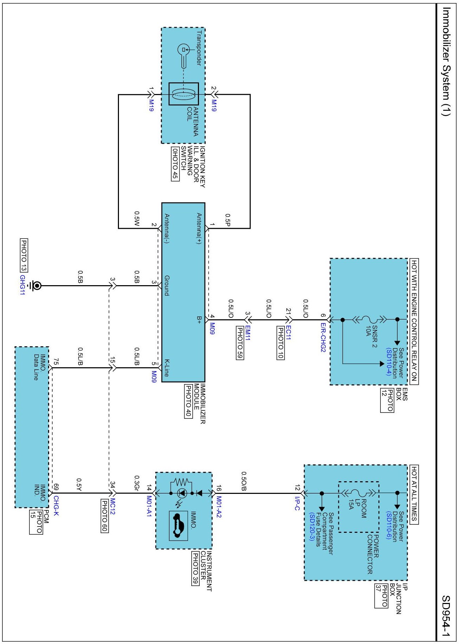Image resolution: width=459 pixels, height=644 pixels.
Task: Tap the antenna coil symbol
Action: (x=184, y=94)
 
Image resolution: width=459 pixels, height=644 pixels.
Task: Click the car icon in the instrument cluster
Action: (x=178, y=525)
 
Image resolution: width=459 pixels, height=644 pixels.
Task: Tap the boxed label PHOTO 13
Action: (x=24, y=255)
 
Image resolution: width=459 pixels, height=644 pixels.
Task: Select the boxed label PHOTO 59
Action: (x=240, y=343)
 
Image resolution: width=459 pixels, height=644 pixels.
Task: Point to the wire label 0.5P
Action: (x=227, y=220)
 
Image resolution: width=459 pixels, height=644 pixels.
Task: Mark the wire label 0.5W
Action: (x=137, y=218)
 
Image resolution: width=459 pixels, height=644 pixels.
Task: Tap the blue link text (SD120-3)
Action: (x=312, y=526)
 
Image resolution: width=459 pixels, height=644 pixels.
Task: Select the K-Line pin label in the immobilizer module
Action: (x=167, y=367)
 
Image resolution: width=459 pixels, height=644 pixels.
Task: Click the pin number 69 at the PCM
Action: (x=56, y=487)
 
